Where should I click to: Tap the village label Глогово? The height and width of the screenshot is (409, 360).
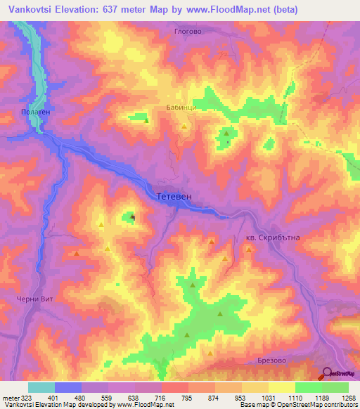188,31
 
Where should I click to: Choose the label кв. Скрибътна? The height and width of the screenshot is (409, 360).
273,238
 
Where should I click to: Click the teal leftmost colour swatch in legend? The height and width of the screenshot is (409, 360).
41,387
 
